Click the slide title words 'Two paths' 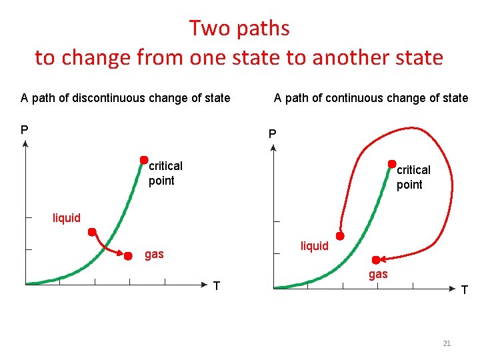[x=239, y=28]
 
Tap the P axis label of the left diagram [x=25, y=129]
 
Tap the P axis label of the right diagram [x=272, y=134]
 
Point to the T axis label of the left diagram [x=216, y=286]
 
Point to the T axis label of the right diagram [x=464, y=289]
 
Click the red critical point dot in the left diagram [x=143, y=160]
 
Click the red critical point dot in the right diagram [x=393, y=162]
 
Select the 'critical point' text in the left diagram [x=165, y=173]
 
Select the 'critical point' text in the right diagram [x=413, y=177]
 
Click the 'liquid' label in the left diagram [x=67, y=218]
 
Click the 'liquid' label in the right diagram [x=315, y=246]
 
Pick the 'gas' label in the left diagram [x=154, y=254]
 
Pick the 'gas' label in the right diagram [x=378, y=274]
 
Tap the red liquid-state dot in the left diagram [x=92, y=232]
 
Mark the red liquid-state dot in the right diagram [x=340, y=236]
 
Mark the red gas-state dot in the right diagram [x=376, y=259]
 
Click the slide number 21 [x=447, y=343]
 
